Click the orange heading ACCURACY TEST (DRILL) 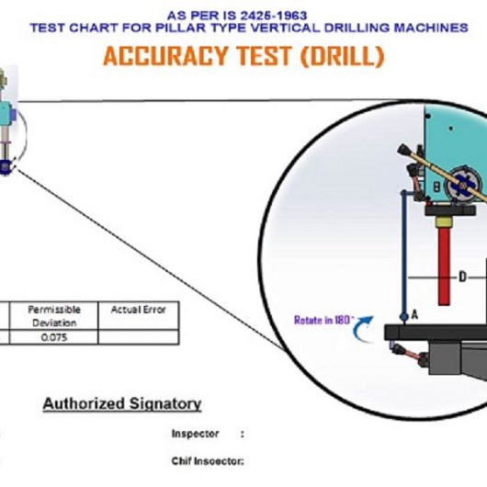[x=243, y=56]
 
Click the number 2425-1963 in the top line [x=274, y=16]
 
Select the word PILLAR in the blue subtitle [x=180, y=28]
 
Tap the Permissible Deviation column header [x=54, y=316]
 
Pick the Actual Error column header [x=138, y=310]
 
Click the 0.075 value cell [x=54, y=337]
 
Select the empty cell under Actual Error [x=139, y=337]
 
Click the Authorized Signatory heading [x=122, y=403]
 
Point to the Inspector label [x=195, y=434]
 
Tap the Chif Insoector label [x=208, y=461]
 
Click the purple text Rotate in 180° [x=324, y=320]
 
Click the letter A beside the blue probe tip [x=414, y=315]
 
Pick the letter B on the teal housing [x=436, y=187]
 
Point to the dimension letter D [x=462, y=277]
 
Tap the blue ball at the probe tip [x=404, y=317]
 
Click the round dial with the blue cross [x=462, y=186]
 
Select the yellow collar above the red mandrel [x=444, y=222]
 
